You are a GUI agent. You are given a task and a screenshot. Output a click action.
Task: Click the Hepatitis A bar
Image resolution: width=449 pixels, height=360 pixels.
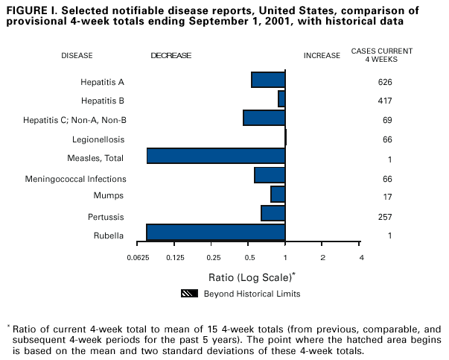(268, 80)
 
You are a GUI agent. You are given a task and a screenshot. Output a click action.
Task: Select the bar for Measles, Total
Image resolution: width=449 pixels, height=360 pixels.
(216, 156)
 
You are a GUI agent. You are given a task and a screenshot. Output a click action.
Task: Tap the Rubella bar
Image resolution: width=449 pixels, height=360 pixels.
(216, 233)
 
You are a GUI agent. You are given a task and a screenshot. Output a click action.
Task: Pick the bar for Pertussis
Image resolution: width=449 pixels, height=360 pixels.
(273, 213)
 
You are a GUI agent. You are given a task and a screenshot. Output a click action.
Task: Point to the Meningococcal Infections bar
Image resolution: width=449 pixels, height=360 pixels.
(270, 175)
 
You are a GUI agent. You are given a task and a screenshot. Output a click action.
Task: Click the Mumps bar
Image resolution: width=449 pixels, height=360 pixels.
(278, 195)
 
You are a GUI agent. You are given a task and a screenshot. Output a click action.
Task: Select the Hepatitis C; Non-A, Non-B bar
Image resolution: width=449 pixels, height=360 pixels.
(264, 118)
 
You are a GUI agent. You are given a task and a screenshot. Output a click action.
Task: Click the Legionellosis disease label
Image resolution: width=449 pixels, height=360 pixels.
(98, 139)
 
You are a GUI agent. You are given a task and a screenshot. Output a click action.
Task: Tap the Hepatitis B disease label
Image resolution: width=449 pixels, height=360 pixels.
(103, 100)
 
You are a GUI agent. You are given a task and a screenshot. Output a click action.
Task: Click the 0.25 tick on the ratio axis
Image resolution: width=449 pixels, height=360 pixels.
(214, 257)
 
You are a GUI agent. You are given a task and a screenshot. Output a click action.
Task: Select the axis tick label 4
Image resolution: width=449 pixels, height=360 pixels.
(361, 257)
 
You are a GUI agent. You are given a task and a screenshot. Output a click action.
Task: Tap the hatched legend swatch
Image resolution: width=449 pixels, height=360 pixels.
(189, 294)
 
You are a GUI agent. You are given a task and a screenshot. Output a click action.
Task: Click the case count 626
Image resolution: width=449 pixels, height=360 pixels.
(385, 81)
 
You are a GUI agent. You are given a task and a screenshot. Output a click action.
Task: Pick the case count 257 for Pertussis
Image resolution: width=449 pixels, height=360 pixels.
(385, 217)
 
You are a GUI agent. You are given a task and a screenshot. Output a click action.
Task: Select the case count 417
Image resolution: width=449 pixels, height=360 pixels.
(385, 100)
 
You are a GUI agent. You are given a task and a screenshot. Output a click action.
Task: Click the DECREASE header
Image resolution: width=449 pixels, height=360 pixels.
(171, 55)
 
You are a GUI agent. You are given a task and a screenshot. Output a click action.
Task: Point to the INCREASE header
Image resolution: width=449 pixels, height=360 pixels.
(322, 55)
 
